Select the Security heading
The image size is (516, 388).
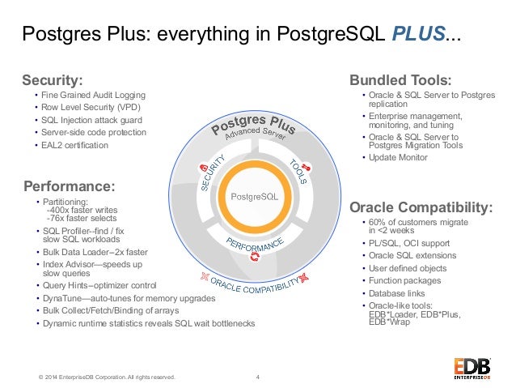(53, 80)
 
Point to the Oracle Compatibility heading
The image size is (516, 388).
(421, 207)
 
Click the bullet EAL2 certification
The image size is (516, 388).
(74, 145)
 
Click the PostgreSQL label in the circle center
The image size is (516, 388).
(254, 197)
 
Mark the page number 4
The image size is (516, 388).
(257, 375)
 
